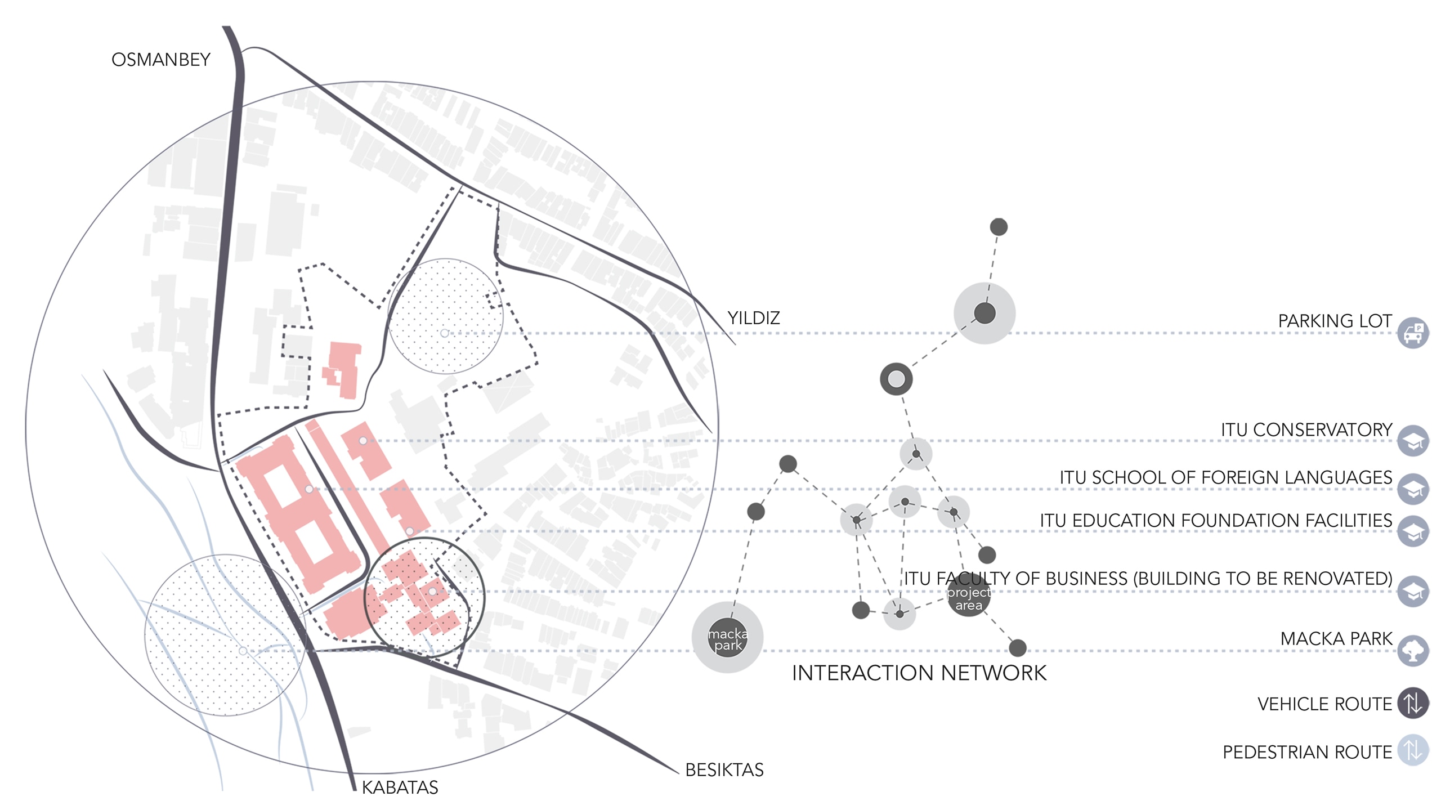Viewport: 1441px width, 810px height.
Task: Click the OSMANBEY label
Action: (160, 60)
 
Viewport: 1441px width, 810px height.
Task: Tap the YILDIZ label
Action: (753, 318)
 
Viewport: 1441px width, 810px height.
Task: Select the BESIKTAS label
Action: (724, 769)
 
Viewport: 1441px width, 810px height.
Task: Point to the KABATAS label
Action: (400, 787)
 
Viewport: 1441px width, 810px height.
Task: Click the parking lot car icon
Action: (1412, 333)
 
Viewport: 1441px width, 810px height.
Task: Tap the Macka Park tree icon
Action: (1412, 651)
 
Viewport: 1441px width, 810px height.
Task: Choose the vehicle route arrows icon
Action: (1412, 703)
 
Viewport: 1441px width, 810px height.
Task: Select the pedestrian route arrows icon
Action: (1412, 750)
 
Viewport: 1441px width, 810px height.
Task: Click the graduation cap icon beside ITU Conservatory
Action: (1412, 441)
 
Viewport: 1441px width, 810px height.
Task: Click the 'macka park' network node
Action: (727, 638)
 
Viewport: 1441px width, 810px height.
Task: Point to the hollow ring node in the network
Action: (896, 379)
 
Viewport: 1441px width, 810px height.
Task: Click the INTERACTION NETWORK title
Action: (919, 673)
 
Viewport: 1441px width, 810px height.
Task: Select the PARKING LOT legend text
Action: (1335, 321)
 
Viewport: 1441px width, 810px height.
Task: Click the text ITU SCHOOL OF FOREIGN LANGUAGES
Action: (1225, 478)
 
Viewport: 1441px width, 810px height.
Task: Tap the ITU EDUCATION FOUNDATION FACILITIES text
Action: (1215, 521)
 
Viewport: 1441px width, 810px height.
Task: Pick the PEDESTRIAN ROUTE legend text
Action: (1306, 752)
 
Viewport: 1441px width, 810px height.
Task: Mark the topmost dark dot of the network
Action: (999, 227)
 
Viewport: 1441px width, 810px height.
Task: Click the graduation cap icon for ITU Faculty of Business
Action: (1412, 591)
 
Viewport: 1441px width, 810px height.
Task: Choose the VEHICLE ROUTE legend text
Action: (1324, 704)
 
